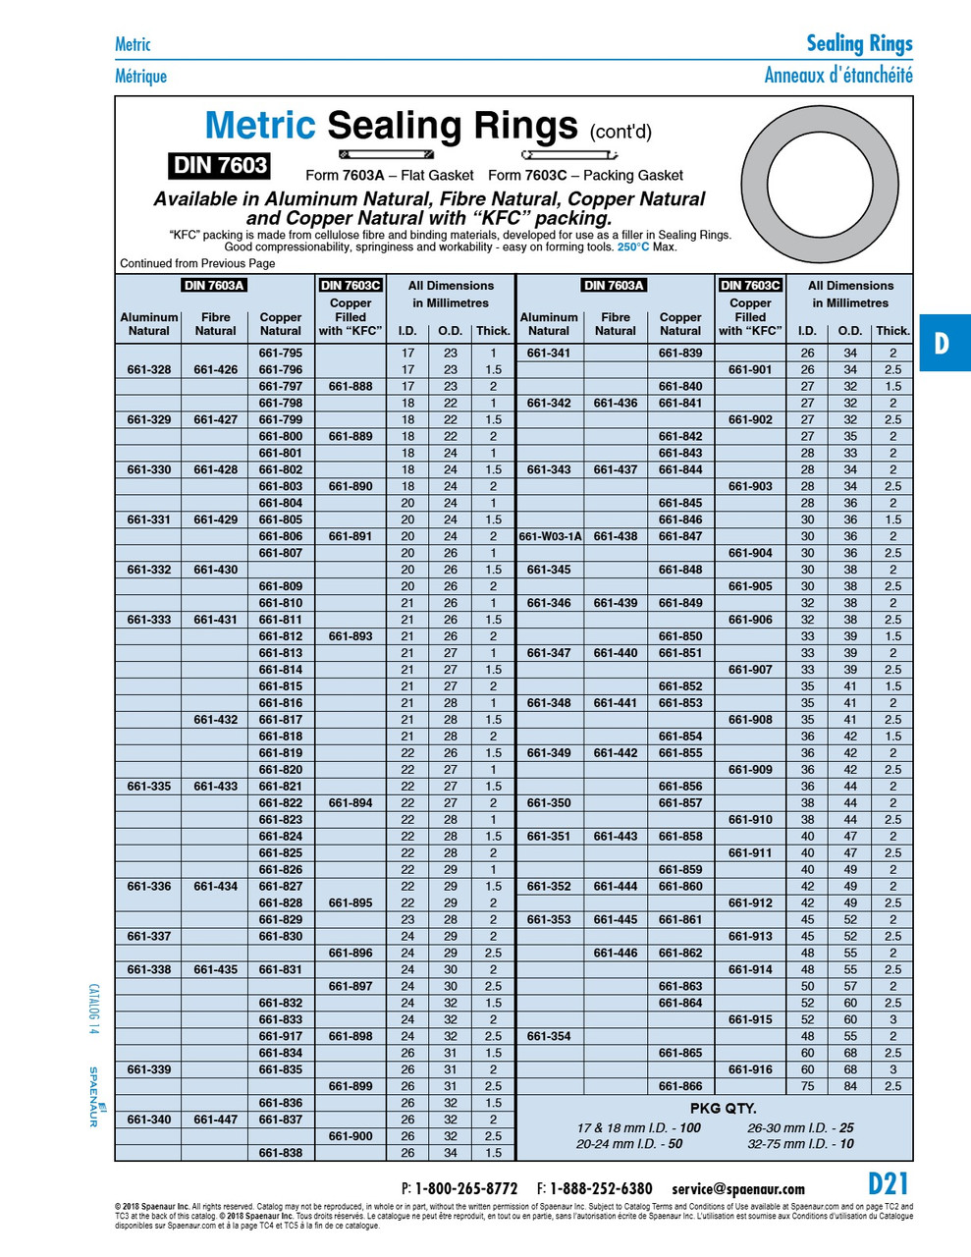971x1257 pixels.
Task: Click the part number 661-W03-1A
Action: pos(550,536)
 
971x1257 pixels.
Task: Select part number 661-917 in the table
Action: pos(281,1036)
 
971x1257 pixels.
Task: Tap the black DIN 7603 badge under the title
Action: pos(220,165)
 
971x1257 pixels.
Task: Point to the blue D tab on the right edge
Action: pos(943,343)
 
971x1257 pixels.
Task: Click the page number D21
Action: pos(888,1183)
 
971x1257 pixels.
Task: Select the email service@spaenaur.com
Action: pos(737,1188)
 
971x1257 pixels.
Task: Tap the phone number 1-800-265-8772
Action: pos(466,1188)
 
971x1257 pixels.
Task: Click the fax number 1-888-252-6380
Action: pos(601,1188)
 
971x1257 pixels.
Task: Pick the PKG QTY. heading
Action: pos(723,1108)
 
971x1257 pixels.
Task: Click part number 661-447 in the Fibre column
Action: pos(215,1120)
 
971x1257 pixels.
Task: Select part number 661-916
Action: pos(750,1069)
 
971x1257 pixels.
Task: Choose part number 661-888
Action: pos(351,386)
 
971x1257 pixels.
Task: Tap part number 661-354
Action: pos(549,1036)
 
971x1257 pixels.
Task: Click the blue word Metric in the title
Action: pos(260,126)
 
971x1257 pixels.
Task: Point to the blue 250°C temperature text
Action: pos(633,247)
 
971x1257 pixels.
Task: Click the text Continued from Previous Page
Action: pos(197,263)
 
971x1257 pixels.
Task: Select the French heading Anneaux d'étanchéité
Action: pos(838,75)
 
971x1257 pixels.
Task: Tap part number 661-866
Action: pos(680,1086)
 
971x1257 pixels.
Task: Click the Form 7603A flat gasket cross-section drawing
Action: pos(387,154)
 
